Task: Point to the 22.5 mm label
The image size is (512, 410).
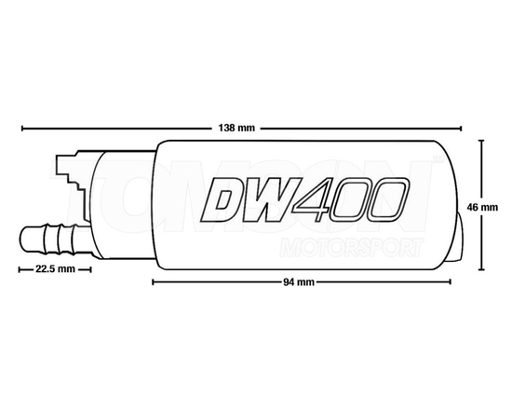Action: click(x=54, y=268)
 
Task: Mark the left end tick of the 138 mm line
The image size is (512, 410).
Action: click(x=20, y=127)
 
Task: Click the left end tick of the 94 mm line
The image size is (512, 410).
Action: click(x=152, y=281)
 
